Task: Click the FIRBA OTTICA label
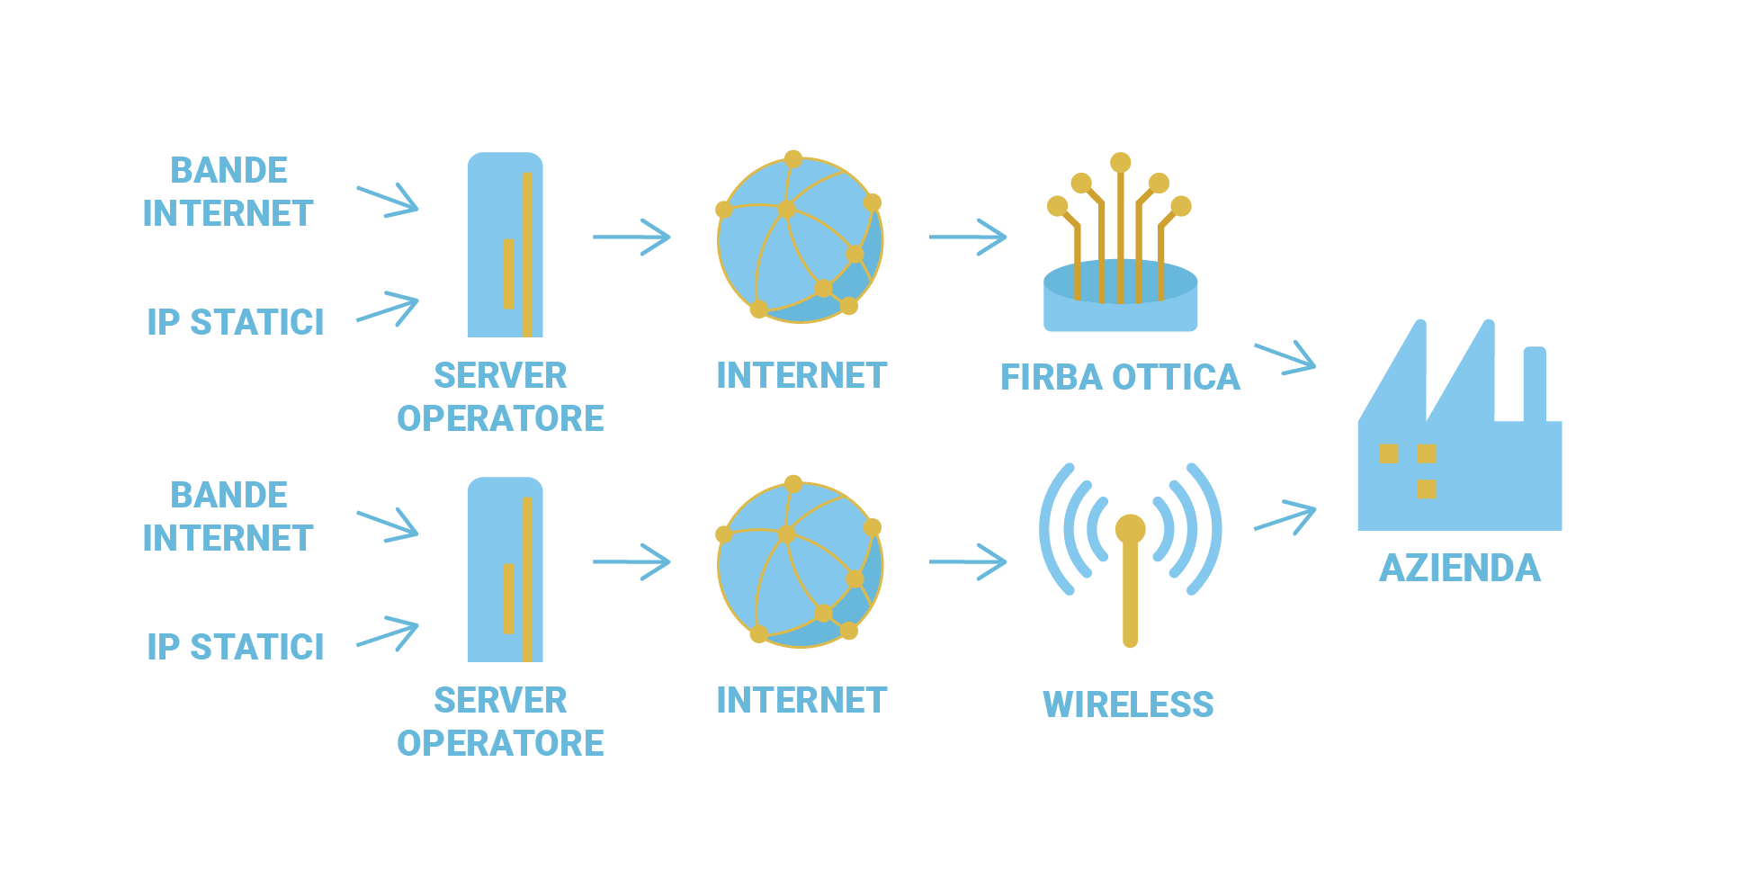click(x=1120, y=378)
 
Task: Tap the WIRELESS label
click(x=1128, y=704)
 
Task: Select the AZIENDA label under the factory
click(x=1460, y=569)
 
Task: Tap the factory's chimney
click(x=1534, y=383)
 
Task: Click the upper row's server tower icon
click(x=506, y=245)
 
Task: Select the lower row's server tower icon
click(x=506, y=570)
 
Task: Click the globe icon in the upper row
click(x=800, y=239)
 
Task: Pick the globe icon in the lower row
click(x=800, y=564)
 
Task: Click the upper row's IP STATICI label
click(x=236, y=322)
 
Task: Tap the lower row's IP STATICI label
click(x=236, y=647)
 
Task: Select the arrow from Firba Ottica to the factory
click(x=1286, y=357)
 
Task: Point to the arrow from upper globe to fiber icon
click(x=968, y=238)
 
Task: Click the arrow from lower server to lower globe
click(x=631, y=562)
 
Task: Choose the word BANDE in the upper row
click(x=229, y=171)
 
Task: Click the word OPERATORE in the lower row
click(x=500, y=744)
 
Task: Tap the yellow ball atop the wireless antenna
click(x=1130, y=529)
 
